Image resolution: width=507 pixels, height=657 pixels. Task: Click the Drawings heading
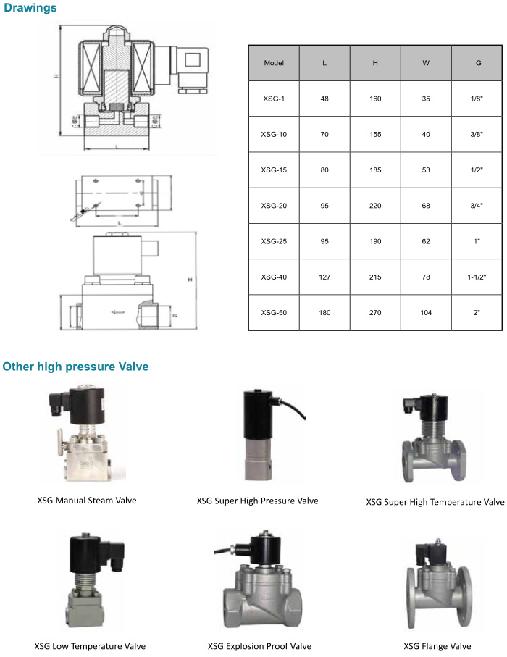point(30,8)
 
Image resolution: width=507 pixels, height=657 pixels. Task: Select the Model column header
point(274,63)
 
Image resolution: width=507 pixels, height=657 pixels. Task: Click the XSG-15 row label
point(274,170)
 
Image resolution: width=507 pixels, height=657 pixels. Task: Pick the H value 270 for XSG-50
point(375,313)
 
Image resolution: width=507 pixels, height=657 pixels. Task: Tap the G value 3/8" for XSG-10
point(477,135)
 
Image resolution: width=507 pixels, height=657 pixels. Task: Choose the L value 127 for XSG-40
point(324,277)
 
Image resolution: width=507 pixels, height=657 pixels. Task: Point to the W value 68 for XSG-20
point(426,206)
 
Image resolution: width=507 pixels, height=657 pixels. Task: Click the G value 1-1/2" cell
point(477,277)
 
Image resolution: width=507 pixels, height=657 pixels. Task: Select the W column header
point(426,63)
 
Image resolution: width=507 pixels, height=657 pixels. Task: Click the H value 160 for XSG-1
point(375,99)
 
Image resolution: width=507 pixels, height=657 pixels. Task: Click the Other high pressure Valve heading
point(75,367)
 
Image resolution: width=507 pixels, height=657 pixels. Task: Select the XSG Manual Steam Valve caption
point(87,501)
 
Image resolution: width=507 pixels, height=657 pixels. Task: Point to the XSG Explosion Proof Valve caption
point(259,646)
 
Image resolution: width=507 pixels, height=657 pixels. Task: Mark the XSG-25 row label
point(274,242)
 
